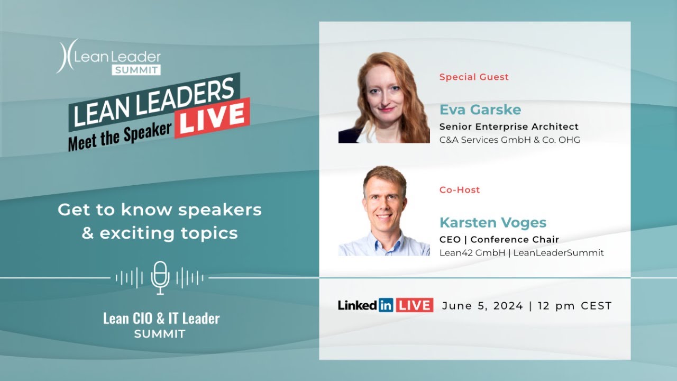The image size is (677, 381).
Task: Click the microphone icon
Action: tap(160, 277)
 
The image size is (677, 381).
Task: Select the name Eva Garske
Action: tap(480, 110)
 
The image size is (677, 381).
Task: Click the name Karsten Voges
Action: tap(492, 222)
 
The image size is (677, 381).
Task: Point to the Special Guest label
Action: tap(474, 77)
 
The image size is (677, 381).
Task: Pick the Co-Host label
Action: tap(460, 189)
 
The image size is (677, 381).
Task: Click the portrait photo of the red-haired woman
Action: tap(384, 97)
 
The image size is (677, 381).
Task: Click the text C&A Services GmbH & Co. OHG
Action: tap(509, 140)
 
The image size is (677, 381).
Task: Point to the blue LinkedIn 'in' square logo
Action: tap(386, 305)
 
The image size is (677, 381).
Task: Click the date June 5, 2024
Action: tap(482, 306)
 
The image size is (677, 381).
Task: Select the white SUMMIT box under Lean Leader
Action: tap(136, 70)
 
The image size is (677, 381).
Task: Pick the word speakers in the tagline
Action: tap(219, 210)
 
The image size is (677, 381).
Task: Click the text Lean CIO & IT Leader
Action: tap(161, 319)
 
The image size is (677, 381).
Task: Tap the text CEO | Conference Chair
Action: tap(499, 240)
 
